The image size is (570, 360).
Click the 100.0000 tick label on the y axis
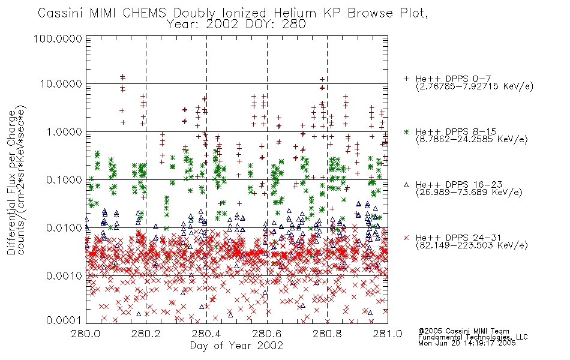coord(58,38)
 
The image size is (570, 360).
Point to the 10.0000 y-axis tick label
coord(61,84)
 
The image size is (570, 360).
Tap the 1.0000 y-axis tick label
coord(64,131)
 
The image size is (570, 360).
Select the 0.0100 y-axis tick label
coord(64,228)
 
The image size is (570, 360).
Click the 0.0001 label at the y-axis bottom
coord(64,320)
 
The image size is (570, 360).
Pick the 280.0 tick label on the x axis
coord(86,334)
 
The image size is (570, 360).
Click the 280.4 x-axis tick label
coord(207,334)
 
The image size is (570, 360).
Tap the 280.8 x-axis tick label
coord(327,334)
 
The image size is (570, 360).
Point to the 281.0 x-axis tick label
coord(388,334)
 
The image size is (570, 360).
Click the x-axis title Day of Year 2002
coord(236,346)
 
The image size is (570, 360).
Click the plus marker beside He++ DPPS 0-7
coord(406,79)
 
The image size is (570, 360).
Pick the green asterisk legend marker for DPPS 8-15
coord(406,131)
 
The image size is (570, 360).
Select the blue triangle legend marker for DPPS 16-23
coord(406,185)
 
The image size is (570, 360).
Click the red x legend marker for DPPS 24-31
coord(406,238)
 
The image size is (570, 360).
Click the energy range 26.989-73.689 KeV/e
coord(469,193)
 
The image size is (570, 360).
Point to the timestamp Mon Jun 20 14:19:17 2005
coord(467,343)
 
